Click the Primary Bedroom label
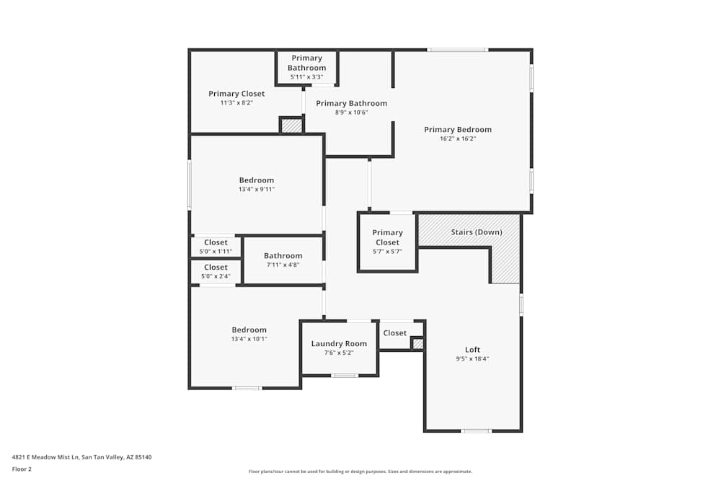[457, 130]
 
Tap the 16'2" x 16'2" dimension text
[457, 138]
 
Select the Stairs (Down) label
[476, 232]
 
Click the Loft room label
[472, 350]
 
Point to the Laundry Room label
[339, 343]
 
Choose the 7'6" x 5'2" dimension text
[339, 353]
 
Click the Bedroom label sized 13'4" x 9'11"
[257, 180]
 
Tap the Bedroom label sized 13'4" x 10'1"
[249, 330]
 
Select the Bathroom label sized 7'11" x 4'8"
[283, 256]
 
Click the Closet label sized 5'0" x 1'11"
[216, 243]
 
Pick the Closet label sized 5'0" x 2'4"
[216, 268]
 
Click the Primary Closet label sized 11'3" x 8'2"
[236, 94]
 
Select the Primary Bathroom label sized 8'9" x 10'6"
[351, 103]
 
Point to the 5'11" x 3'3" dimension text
[306, 76]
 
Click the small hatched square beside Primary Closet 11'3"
[291, 125]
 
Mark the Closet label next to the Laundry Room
[394, 333]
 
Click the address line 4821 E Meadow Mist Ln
[81, 456]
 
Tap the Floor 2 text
[22, 469]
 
